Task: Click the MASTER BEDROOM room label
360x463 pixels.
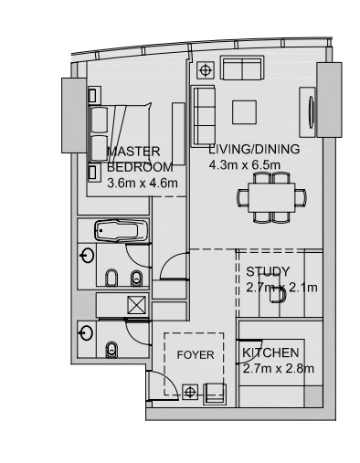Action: (x=139, y=159)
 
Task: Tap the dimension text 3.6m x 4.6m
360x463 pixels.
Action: (x=142, y=183)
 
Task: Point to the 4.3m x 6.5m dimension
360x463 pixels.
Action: (x=243, y=164)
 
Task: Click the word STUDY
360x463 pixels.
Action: (x=268, y=271)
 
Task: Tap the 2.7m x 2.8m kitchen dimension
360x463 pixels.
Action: (x=279, y=369)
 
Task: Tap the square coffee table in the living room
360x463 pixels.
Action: (x=244, y=110)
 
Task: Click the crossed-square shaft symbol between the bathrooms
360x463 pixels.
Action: (x=137, y=306)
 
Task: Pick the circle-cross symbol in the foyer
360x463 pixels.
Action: (x=190, y=392)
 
